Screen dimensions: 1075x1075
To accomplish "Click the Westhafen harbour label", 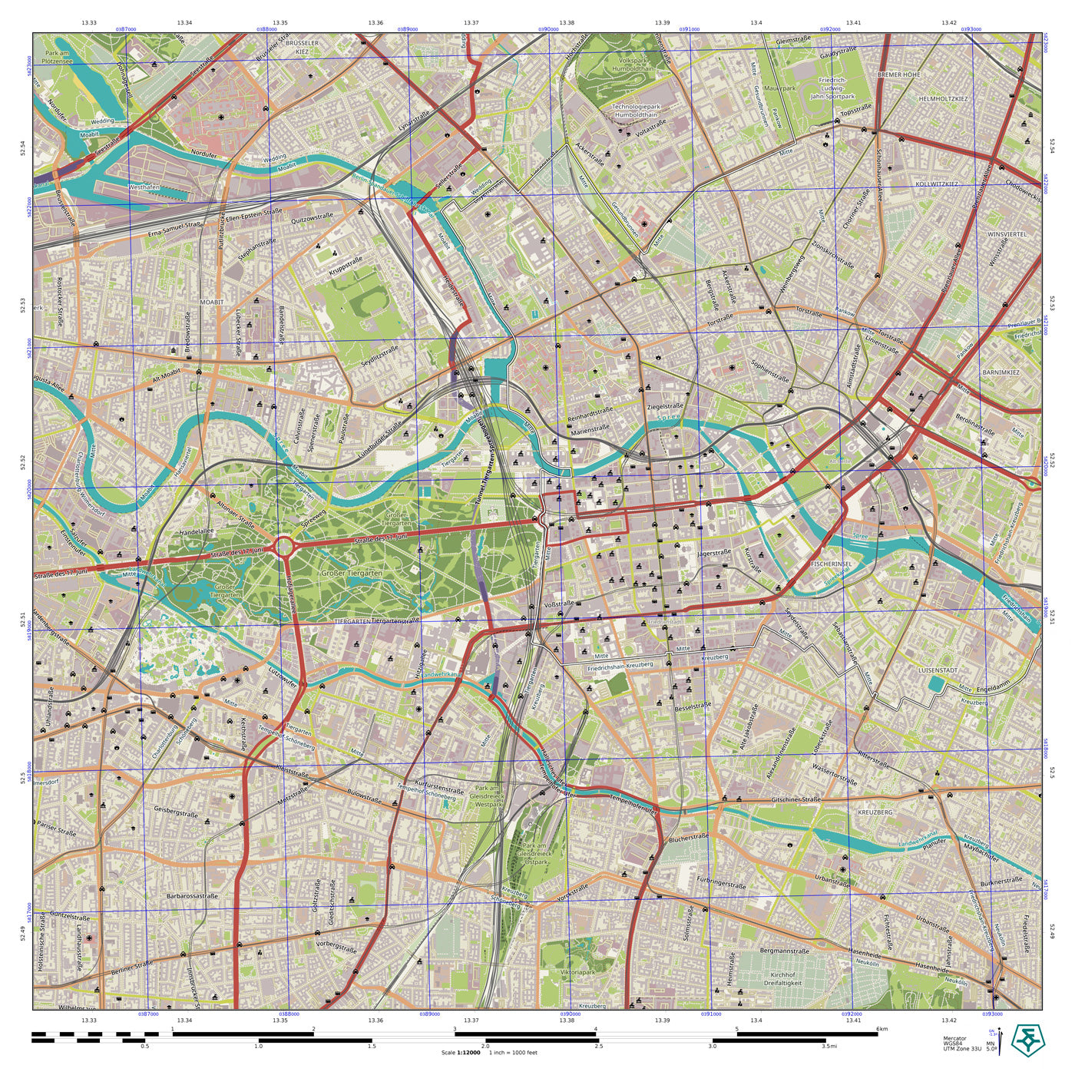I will pyautogui.click(x=144, y=187).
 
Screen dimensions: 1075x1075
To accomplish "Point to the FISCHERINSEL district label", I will pyautogui.click(x=832, y=564).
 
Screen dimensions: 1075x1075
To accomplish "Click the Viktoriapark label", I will pyautogui.click(x=577, y=971).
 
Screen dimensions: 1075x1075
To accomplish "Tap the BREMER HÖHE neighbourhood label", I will pyautogui.click(x=898, y=74).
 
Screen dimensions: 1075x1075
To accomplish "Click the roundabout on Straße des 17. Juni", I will pyautogui.click(x=284, y=547).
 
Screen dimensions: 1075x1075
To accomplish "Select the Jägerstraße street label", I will pyautogui.click(x=713, y=553).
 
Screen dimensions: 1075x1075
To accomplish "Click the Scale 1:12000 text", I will pyautogui.click(x=461, y=1052).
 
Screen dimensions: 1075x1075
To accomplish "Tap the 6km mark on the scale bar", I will pyautogui.click(x=881, y=1030).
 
